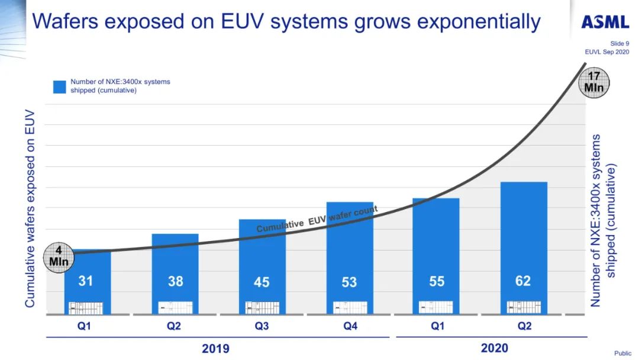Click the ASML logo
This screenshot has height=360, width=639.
[605, 22]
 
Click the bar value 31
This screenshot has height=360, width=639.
[86, 281]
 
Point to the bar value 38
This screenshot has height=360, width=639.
[175, 281]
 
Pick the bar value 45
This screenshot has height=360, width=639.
[262, 282]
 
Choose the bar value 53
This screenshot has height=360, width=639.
[349, 282]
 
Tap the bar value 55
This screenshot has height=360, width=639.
[437, 281]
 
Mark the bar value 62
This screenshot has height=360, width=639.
[523, 281]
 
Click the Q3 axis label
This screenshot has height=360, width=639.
[262, 326]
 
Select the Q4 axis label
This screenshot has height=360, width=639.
[350, 326]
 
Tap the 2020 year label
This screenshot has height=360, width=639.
[494, 348]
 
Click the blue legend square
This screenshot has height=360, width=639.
[60, 86]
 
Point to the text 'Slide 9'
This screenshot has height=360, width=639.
[619, 43]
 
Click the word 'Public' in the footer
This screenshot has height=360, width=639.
[622, 353]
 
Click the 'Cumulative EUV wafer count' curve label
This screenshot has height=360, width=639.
[317, 220]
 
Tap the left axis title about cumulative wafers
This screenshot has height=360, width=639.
[30, 208]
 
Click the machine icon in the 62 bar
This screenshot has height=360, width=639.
[524, 307]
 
